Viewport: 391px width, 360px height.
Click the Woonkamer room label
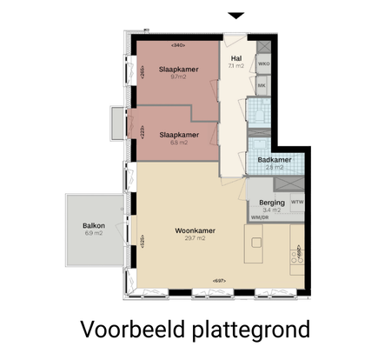(195, 230)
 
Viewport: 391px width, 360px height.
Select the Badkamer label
(274, 159)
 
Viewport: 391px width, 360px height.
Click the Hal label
(235, 57)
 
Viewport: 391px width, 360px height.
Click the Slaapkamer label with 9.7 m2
(179, 70)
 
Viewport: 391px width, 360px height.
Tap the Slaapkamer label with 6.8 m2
(179, 135)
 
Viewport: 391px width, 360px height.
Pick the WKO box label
(264, 64)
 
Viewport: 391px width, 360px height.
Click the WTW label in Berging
(297, 203)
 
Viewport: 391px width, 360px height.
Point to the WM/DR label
(260, 217)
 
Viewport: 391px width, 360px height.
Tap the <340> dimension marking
(179, 44)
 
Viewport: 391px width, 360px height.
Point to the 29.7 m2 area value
(195, 238)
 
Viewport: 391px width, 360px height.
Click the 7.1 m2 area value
(235, 65)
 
